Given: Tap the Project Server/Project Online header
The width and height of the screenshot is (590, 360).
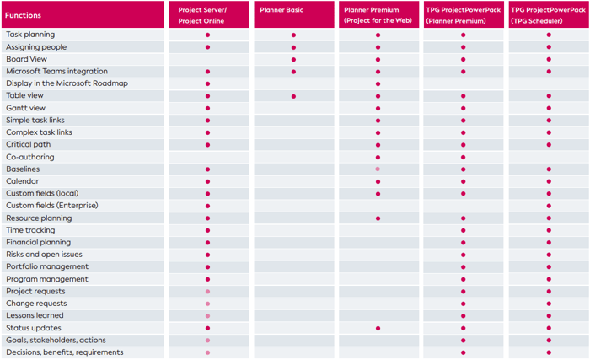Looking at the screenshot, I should click(x=207, y=14).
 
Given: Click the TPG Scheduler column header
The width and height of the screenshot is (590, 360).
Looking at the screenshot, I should click(x=548, y=14).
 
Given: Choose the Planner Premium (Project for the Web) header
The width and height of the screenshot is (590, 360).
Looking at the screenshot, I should click(x=378, y=14).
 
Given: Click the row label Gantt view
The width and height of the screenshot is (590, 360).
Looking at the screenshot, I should click(x=26, y=108).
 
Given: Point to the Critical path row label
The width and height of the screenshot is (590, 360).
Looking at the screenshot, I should click(x=29, y=145).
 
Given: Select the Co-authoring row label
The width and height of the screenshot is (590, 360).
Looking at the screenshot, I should click(x=30, y=157).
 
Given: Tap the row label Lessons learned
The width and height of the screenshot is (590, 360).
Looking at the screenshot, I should click(x=35, y=315).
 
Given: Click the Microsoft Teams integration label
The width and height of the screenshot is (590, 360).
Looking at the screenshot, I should click(x=56, y=72).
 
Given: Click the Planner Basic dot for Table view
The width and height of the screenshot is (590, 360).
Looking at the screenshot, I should click(x=293, y=96).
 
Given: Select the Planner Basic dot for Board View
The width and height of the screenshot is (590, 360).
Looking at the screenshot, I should click(x=293, y=60).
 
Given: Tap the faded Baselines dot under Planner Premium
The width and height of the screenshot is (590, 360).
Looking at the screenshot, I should click(x=378, y=169).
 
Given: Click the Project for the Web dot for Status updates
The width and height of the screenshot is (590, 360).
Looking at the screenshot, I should click(x=378, y=328).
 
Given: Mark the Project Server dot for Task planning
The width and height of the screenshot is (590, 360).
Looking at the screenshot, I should click(x=207, y=35).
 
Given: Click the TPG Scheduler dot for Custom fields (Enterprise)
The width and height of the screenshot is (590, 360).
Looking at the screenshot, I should click(x=549, y=206).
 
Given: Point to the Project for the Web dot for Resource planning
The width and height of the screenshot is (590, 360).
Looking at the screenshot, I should click(x=378, y=218).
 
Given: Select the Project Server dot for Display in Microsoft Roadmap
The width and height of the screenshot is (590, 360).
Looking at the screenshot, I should click(x=207, y=84).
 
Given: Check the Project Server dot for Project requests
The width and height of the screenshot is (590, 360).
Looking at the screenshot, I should click(x=207, y=292).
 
